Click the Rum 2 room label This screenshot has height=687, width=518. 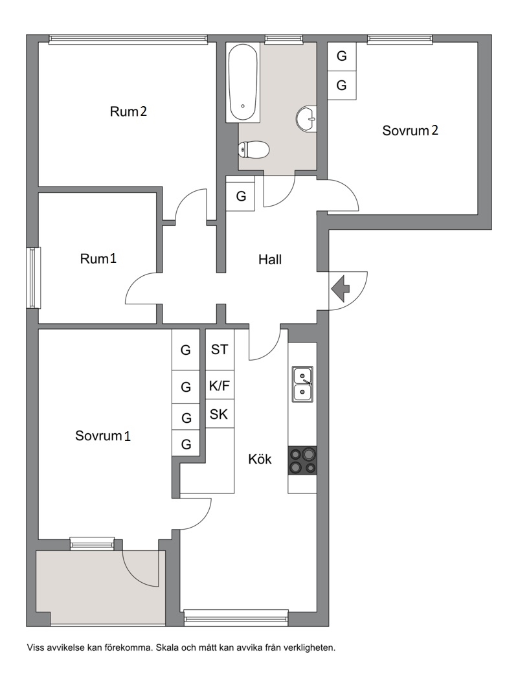[x=128, y=111]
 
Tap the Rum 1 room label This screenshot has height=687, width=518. [x=98, y=258]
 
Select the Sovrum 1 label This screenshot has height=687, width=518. [x=103, y=436]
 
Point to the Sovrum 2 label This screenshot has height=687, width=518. [x=411, y=131]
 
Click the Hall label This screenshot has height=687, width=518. [x=270, y=260]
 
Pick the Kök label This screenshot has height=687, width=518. [x=260, y=459]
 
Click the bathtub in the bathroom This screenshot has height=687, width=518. [x=243, y=82]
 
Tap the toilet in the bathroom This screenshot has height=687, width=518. [x=253, y=150]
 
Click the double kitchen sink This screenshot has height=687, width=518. [x=303, y=384]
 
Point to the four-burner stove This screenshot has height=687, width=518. [x=302, y=460]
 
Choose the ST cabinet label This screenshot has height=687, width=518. [x=220, y=350]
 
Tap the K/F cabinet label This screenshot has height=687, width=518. [x=220, y=386]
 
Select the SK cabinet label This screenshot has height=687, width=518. [x=219, y=414]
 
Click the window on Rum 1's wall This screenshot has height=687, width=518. [x=33, y=278]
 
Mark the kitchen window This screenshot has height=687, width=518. [x=236, y=618]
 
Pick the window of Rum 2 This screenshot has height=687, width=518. [x=128, y=39]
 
